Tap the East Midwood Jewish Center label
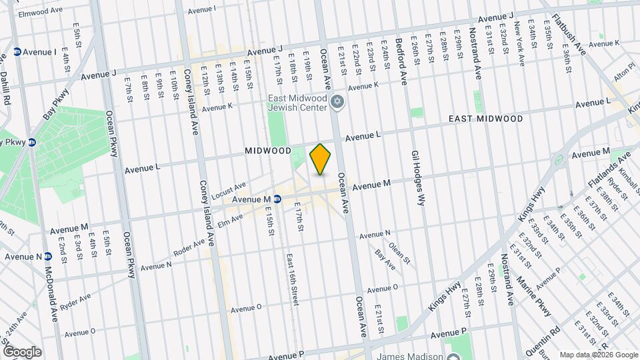click(x=297, y=105)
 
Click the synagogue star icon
click(x=338, y=101)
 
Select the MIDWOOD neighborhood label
click(x=268, y=151)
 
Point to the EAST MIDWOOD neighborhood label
click(x=485, y=119)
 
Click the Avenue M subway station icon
click(x=277, y=199)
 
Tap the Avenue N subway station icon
click(x=48, y=257)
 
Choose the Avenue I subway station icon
click(x=17, y=51)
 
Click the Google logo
click(x=21, y=351)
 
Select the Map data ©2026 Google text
click(x=598, y=354)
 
